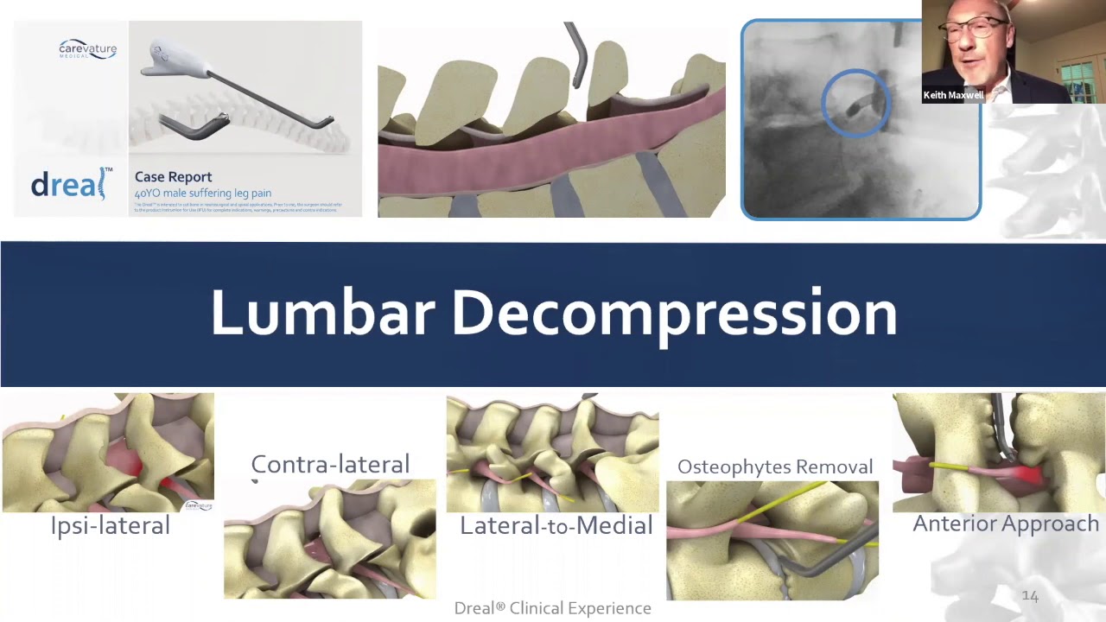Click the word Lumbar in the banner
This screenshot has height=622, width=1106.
click(x=322, y=313)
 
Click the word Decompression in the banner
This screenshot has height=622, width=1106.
click(x=674, y=314)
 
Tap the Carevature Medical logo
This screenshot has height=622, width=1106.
click(x=87, y=48)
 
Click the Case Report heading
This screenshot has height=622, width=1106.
click(x=173, y=177)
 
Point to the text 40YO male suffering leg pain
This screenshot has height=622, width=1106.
click(x=202, y=194)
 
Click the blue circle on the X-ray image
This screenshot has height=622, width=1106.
click(x=856, y=103)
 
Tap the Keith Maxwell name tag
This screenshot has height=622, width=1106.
click(x=953, y=95)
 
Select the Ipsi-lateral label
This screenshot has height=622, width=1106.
click(x=110, y=525)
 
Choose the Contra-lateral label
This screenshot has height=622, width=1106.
click(x=330, y=465)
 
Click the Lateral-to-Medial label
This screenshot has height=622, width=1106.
click(x=556, y=525)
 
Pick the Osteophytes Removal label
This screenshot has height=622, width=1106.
click(x=775, y=467)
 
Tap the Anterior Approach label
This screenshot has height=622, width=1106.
click(x=1006, y=524)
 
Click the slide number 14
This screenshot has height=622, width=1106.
click(x=1030, y=596)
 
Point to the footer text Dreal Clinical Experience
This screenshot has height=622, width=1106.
click(x=552, y=608)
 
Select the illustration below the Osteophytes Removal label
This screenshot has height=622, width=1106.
click(x=772, y=540)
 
